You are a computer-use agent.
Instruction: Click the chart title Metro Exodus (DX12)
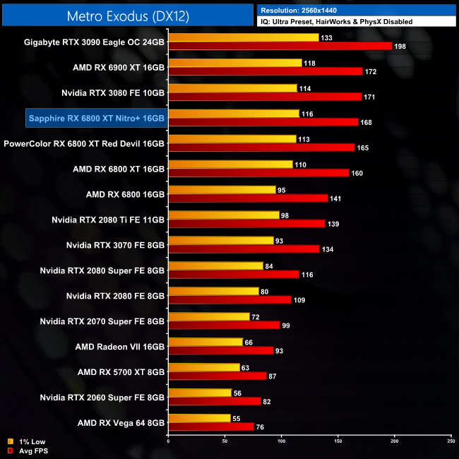click(128, 15)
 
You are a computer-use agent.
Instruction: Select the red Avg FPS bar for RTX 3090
click(280, 46)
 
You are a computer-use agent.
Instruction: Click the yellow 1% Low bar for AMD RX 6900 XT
click(235, 63)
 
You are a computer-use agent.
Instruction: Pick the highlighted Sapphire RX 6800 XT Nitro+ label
click(96, 117)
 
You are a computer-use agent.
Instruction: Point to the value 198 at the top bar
click(401, 47)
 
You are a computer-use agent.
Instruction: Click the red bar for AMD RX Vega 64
click(211, 427)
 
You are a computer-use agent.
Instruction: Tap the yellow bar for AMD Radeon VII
click(205, 342)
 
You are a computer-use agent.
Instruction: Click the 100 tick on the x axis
click(281, 441)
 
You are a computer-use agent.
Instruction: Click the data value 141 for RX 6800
click(336, 199)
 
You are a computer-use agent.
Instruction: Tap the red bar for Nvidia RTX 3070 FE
click(244, 249)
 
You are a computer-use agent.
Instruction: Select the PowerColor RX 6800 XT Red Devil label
click(84, 143)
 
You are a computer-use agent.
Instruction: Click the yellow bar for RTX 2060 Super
click(200, 393)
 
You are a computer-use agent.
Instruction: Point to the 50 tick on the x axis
click(225, 441)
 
